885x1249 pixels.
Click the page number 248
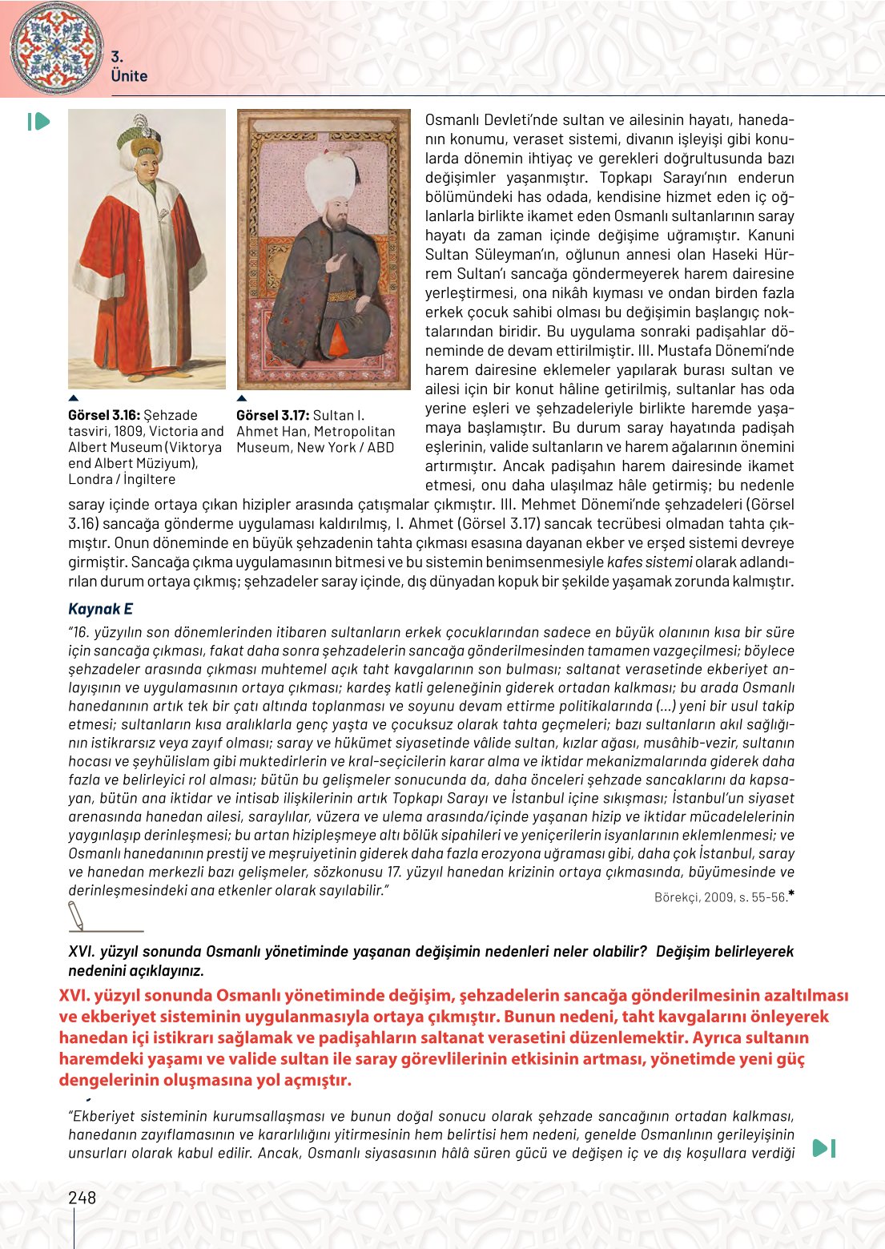(x=82, y=1198)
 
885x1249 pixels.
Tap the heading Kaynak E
(x=100, y=609)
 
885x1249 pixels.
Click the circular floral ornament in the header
(x=56, y=47)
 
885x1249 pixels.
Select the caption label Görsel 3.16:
(x=104, y=415)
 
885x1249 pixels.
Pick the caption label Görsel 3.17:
(x=272, y=415)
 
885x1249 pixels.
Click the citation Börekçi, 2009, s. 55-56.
(x=721, y=897)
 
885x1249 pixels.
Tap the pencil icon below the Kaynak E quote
(x=77, y=915)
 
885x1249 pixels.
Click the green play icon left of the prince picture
(x=38, y=122)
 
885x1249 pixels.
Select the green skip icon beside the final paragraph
(x=824, y=1148)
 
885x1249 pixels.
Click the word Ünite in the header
(x=129, y=76)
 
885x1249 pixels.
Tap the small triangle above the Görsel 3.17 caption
(x=242, y=398)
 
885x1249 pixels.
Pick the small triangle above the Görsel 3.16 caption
(x=74, y=398)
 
